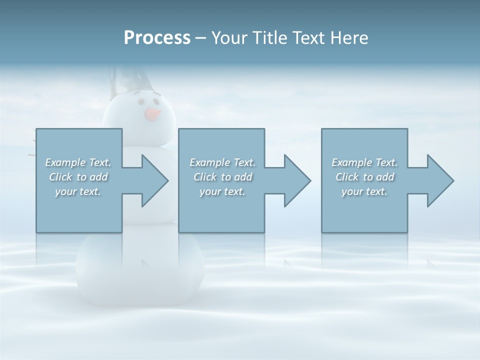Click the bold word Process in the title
[x=157, y=38]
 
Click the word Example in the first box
[x=65, y=162]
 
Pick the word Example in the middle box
[x=209, y=162]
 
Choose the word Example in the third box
[x=351, y=162]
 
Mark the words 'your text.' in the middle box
[x=222, y=191]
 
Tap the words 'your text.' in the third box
[x=364, y=191]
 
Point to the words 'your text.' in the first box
[x=77, y=191]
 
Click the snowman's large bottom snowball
[x=140, y=270]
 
